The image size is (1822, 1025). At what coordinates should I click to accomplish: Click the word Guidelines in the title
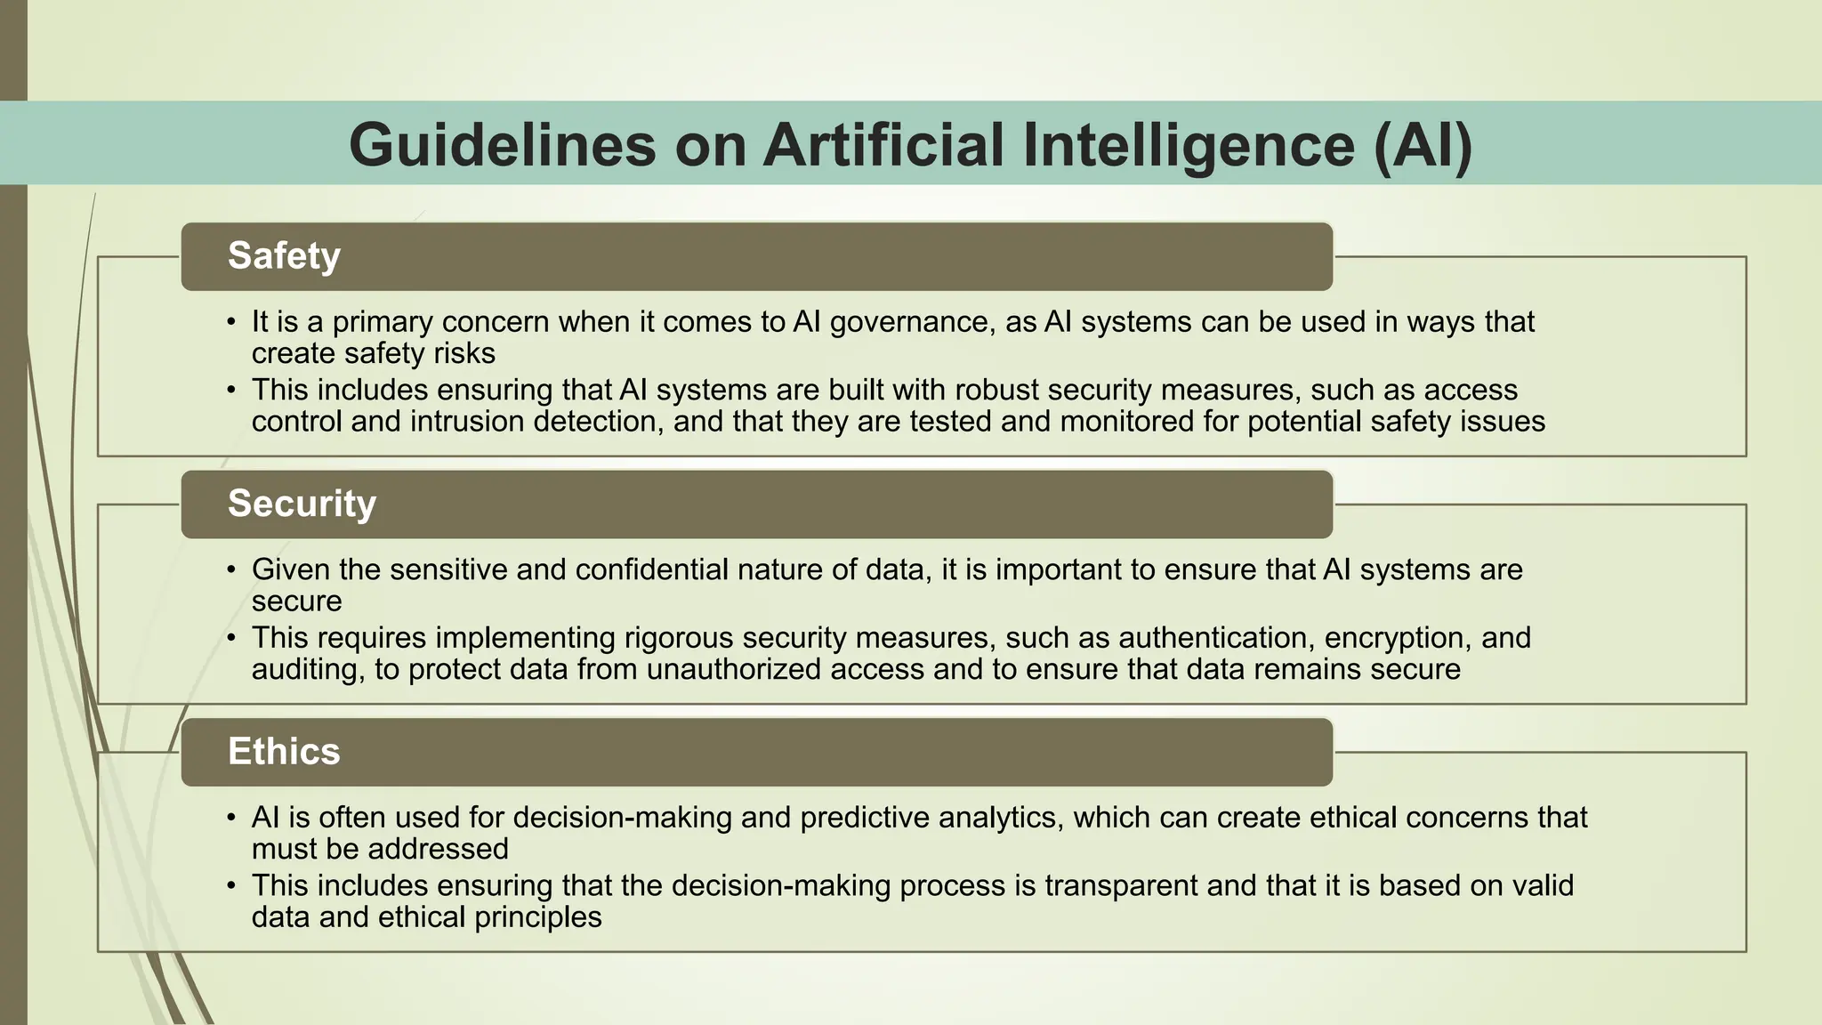[502, 144]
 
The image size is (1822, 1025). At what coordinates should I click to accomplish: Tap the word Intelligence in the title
[1189, 144]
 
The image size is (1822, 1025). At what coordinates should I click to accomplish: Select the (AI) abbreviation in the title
[1423, 144]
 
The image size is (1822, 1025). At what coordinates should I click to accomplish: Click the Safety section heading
[284, 256]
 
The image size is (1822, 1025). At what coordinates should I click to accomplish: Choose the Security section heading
[302, 504]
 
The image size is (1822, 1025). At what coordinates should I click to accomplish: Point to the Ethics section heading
[284, 752]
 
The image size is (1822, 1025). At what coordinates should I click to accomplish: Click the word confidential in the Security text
[698, 569]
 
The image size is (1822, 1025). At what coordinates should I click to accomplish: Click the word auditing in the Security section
[308, 669]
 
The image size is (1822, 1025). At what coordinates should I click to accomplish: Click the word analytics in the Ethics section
[996, 818]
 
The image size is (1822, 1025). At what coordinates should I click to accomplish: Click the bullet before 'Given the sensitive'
[231, 569]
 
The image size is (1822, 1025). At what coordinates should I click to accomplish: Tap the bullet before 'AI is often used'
[231, 818]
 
